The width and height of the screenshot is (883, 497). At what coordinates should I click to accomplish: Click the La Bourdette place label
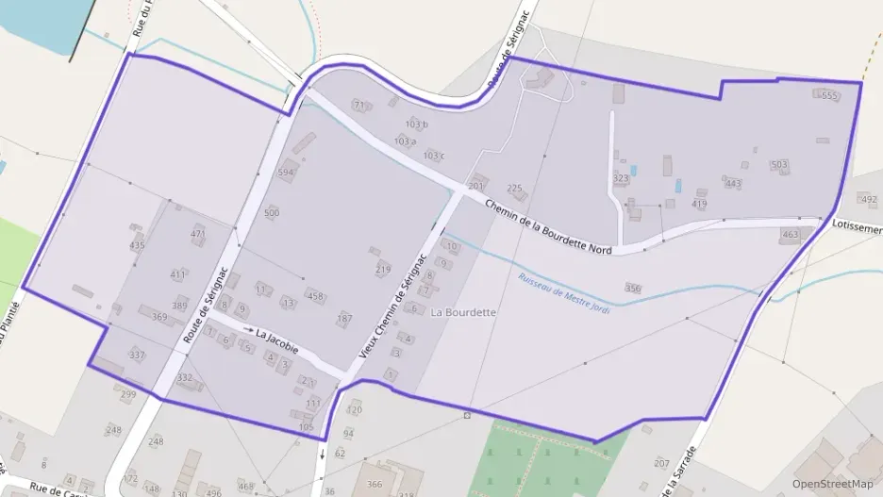(463, 311)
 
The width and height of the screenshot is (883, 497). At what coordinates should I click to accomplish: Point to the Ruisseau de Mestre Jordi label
(564, 292)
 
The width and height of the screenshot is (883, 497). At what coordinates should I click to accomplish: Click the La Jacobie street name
(276, 340)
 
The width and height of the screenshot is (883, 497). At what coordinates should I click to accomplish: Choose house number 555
(829, 96)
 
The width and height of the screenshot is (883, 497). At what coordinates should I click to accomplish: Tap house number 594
(286, 173)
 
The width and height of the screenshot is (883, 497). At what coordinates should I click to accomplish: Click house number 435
(138, 245)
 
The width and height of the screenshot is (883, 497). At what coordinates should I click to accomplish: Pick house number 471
(198, 234)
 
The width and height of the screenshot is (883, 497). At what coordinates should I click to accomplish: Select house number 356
(633, 289)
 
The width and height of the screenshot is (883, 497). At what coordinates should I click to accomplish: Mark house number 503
(778, 165)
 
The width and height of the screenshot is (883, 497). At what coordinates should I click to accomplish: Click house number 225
(514, 189)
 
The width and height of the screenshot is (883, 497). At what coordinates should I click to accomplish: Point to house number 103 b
(417, 124)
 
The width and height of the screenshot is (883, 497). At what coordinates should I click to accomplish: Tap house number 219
(383, 270)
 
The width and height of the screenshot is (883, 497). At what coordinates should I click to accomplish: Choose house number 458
(315, 296)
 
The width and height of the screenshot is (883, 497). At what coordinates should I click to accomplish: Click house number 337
(137, 355)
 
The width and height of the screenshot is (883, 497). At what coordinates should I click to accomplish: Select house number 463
(791, 234)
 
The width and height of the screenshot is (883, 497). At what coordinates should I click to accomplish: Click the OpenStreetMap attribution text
(833, 484)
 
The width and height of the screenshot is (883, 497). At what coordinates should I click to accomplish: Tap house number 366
(375, 484)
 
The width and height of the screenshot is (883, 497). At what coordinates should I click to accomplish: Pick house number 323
(620, 178)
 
